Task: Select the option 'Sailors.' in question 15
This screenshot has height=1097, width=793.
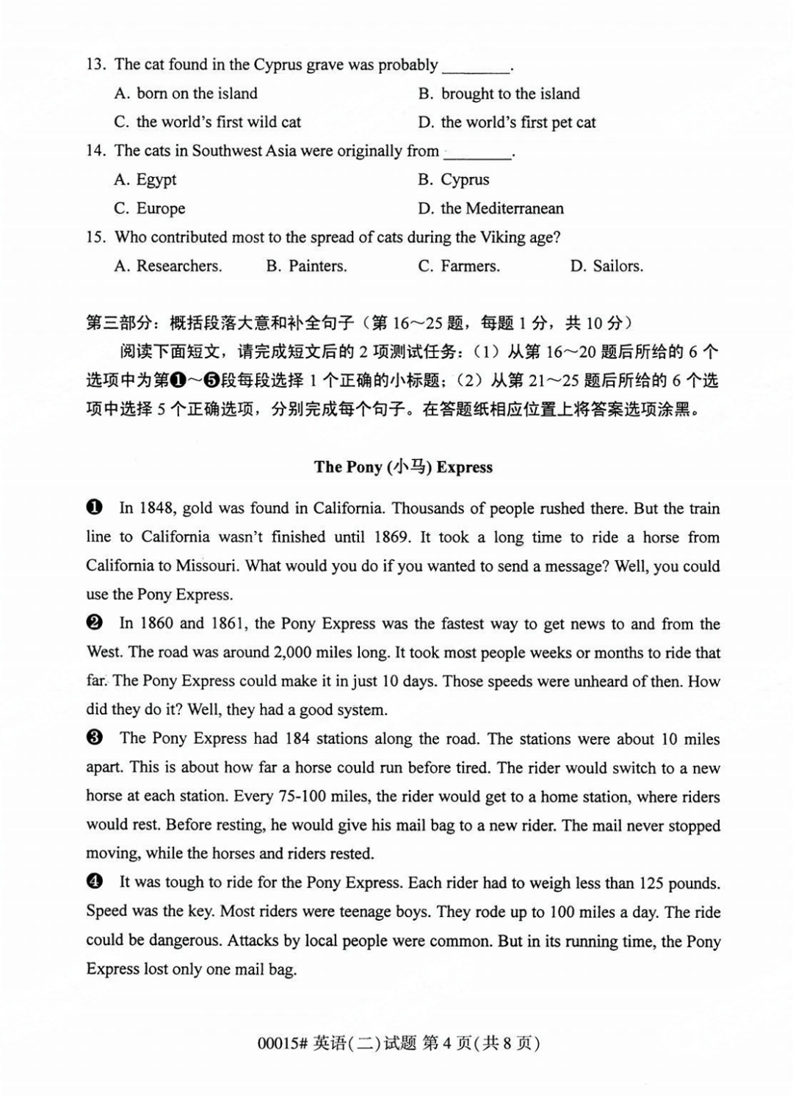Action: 606,267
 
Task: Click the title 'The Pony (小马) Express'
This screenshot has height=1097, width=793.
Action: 403,467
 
